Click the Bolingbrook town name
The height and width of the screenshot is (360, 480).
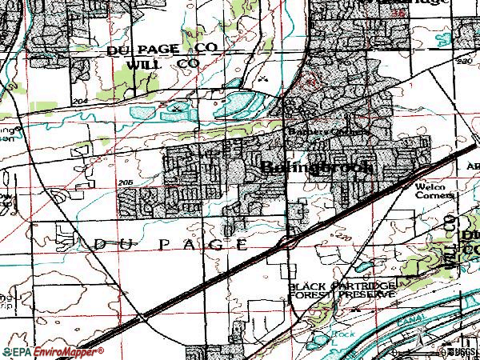[x=318, y=167]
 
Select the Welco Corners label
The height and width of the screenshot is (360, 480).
[x=434, y=190]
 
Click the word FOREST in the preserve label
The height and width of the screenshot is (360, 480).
[x=308, y=294]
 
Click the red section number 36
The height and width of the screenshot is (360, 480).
[x=394, y=14]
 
